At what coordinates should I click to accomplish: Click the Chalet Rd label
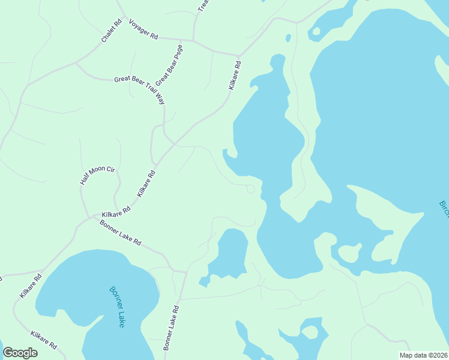pos(112,31)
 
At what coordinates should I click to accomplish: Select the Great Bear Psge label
pos(169,64)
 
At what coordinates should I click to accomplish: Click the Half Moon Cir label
pos(97,175)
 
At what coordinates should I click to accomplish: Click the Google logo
pos(20,353)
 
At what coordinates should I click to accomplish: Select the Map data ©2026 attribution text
pos(423,355)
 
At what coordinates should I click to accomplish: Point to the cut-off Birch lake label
pos(444,210)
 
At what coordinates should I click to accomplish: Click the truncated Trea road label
pos(203,5)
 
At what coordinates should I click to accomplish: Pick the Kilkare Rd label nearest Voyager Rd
pos(234,75)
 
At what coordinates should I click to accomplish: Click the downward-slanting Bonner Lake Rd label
pos(121,233)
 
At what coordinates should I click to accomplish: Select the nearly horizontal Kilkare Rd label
pos(116,212)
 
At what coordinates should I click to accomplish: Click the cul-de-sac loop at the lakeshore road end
pos(251,190)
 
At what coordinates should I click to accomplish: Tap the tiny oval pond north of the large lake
pos(288,38)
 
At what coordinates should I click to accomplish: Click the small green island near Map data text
pos(310,331)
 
